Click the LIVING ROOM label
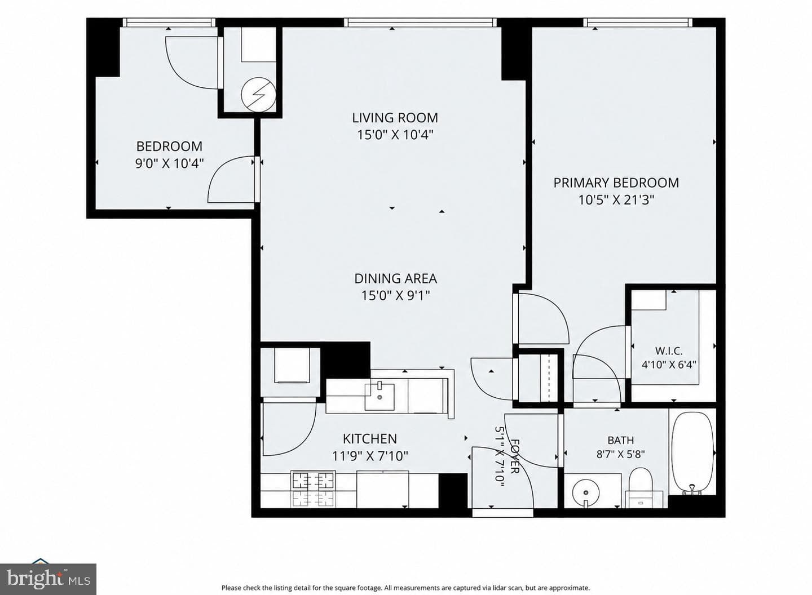click(395, 118)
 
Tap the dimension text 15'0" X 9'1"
click(395, 295)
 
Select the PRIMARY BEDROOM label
click(616, 183)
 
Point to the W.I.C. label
click(669, 350)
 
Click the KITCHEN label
click(370, 438)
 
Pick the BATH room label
click(621, 441)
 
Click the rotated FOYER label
click(514, 456)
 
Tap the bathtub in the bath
click(692, 453)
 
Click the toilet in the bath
click(641, 487)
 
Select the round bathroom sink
click(586, 492)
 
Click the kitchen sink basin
click(379, 397)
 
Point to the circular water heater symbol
click(258, 95)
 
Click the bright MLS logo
click(48, 579)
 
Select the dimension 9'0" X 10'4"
click(169, 164)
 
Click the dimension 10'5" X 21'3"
click(616, 200)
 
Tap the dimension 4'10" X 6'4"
click(669, 365)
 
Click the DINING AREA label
click(395, 278)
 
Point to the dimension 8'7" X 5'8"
click(621, 454)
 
